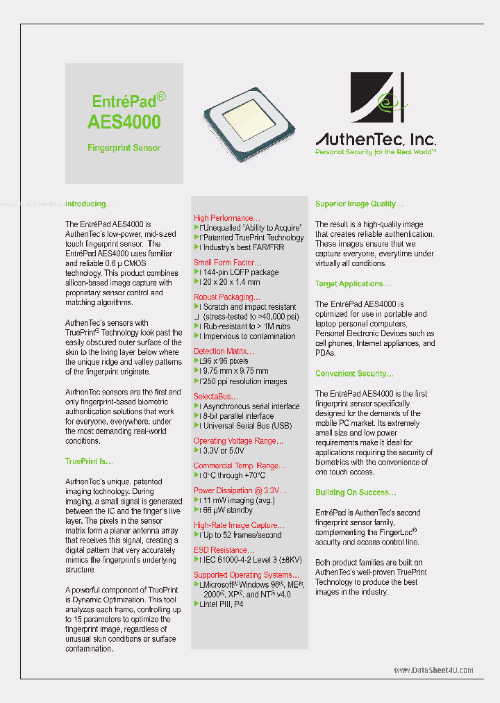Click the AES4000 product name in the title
[124, 122]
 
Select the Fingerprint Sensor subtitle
[124, 147]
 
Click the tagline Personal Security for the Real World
[375, 151]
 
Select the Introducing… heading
[89, 204]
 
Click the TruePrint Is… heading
[89, 461]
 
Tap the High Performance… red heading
[227, 218]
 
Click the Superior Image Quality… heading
[359, 204]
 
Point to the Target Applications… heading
[353, 284]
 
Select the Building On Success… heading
[356, 493]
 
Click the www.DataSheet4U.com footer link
[433, 670]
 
